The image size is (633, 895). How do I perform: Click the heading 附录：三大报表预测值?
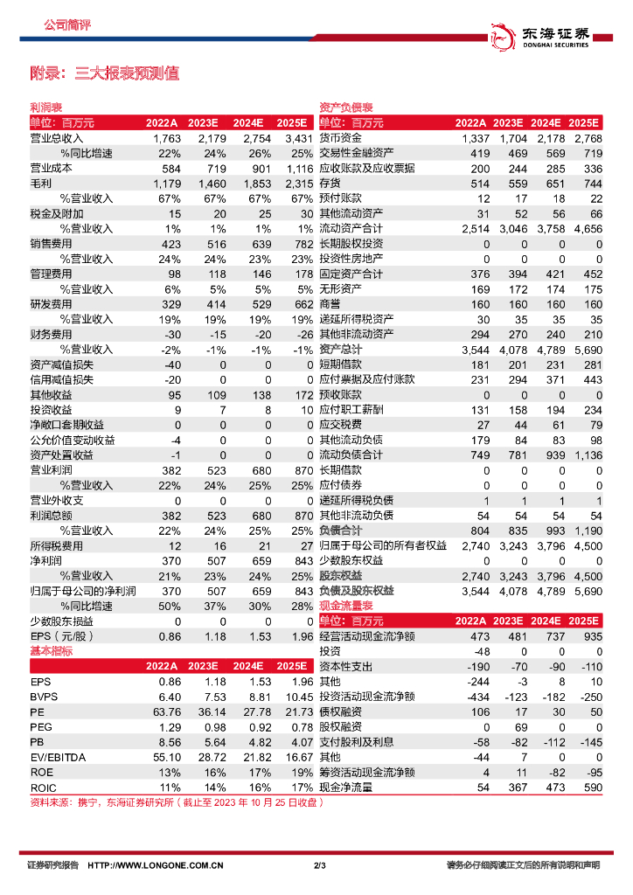click(x=105, y=73)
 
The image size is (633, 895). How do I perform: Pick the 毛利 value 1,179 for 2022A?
click(x=165, y=183)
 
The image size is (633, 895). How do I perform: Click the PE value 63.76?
click(x=165, y=712)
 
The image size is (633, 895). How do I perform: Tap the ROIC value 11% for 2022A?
click(x=170, y=787)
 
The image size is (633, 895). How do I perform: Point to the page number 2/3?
click(x=319, y=866)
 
